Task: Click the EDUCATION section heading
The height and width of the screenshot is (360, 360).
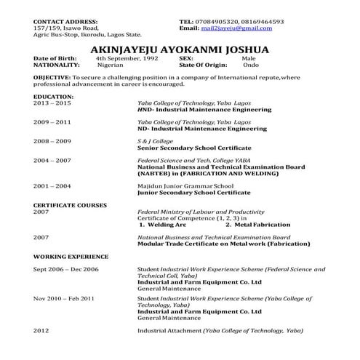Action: [53, 95]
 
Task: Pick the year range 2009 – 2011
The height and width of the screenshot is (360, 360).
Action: [52, 121]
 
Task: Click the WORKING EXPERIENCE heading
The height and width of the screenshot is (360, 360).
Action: [71, 256]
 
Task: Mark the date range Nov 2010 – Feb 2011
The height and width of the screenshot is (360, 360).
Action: [64, 298]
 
